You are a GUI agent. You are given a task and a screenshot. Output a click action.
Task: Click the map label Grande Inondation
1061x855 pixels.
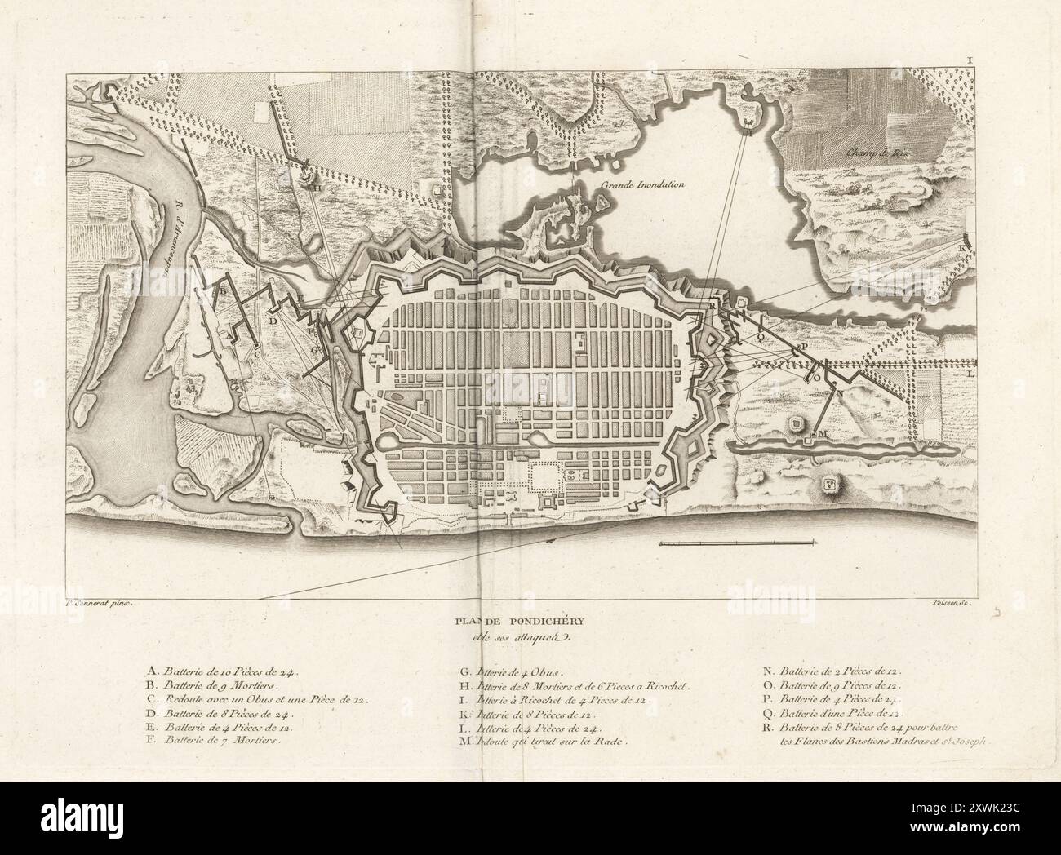tap(642, 185)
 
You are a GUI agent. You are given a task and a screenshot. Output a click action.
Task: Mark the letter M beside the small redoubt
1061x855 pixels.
tap(822, 432)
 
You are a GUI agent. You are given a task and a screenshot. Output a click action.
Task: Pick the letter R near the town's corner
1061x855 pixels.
tap(712, 305)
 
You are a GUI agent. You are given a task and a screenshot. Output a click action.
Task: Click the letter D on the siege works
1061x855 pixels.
tap(273, 321)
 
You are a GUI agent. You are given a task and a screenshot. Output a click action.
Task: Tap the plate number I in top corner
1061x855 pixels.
tap(970, 60)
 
